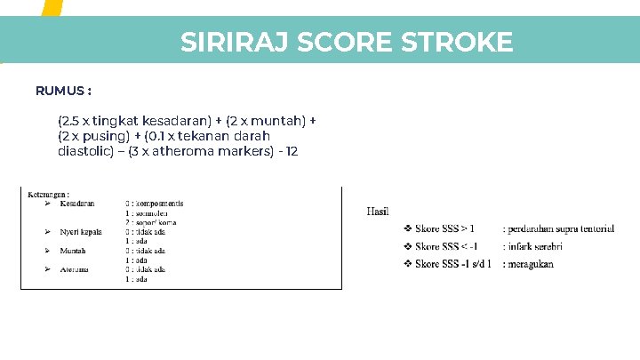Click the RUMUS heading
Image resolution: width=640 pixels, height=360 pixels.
tap(63, 91)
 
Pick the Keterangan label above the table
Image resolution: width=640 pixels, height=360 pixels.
tap(49, 193)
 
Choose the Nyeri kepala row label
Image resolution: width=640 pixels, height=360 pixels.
tap(82, 231)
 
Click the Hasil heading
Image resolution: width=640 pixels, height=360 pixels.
tap(377, 211)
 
